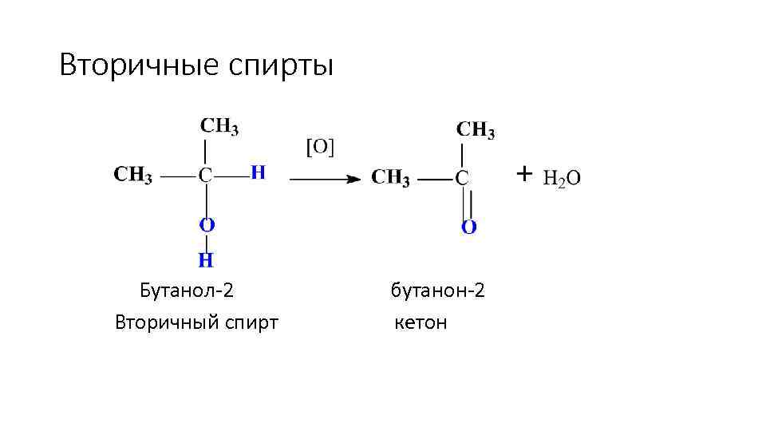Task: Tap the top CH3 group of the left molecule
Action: click(219, 125)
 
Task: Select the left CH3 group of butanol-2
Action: click(133, 175)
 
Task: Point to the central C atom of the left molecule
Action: click(206, 175)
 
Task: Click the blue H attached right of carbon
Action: click(257, 172)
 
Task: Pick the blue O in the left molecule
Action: click(207, 225)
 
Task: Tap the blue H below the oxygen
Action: click(206, 260)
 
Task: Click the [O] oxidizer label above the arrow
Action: click(321, 146)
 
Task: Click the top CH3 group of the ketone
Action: click(476, 129)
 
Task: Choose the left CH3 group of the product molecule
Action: click(390, 177)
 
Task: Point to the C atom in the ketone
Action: click(462, 177)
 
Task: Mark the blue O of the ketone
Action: click(469, 227)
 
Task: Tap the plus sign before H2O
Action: click(523, 172)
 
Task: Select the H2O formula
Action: click(562, 178)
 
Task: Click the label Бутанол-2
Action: click(187, 289)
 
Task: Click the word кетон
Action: click(421, 322)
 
